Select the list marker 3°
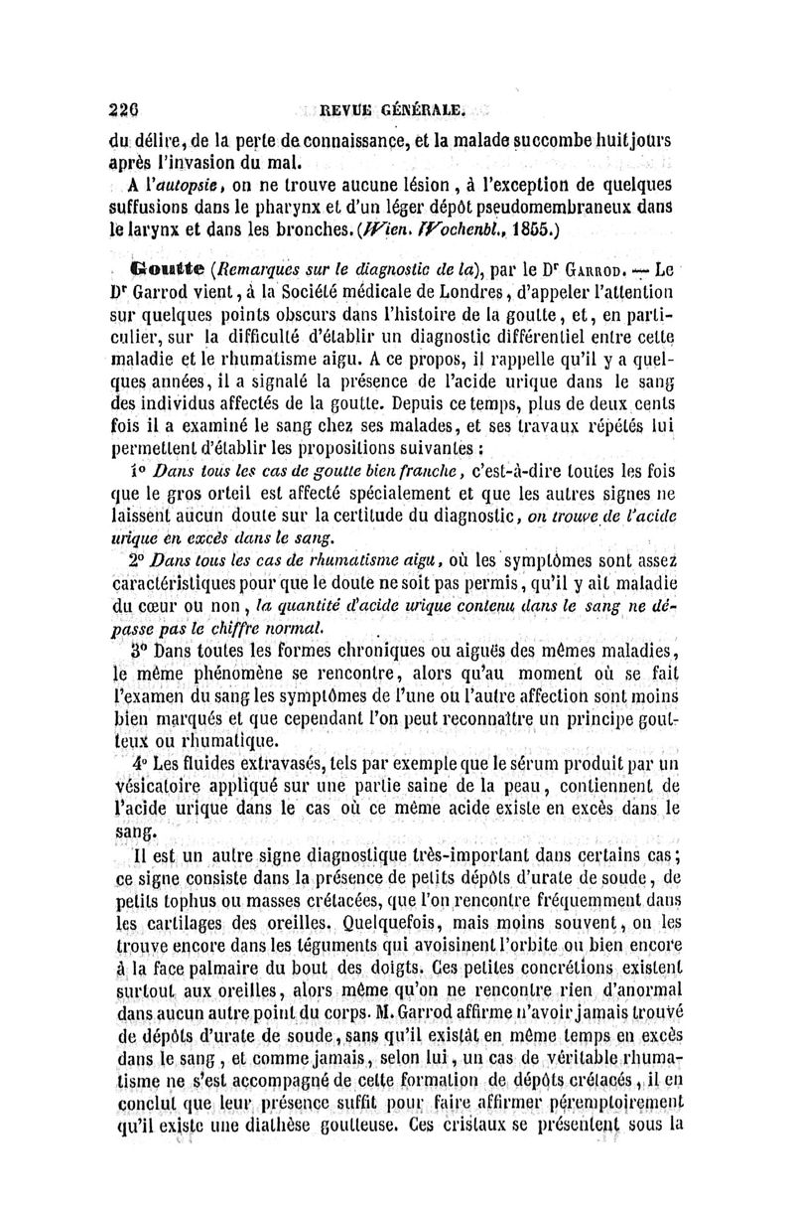(x=139, y=652)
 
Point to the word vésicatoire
(x=158, y=790)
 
